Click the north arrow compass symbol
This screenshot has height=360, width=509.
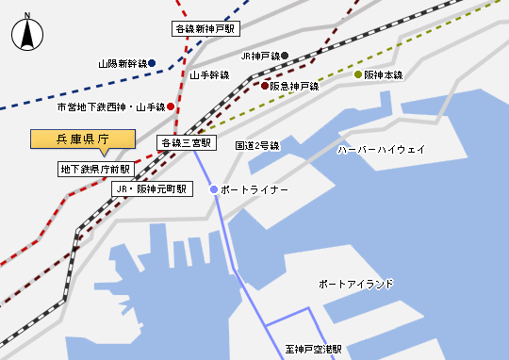click(28, 35)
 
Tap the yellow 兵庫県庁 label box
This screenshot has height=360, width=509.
click(84, 139)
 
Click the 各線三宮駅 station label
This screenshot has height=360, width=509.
click(187, 143)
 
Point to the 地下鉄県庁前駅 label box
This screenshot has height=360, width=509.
click(94, 170)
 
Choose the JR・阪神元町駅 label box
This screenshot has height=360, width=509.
click(152, 189)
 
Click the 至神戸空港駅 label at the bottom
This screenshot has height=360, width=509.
click(313, 348)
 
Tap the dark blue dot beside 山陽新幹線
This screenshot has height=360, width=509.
click(152, 64)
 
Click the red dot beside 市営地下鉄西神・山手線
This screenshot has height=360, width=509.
click(171, 106)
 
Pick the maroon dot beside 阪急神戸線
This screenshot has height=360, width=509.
click(265, 86)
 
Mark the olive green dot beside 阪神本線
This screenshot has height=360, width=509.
click(358, 74)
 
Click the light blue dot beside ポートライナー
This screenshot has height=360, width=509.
click(214, 189)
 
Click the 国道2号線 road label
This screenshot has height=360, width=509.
click(257, 146)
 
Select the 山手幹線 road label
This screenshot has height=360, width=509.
click(209, 74)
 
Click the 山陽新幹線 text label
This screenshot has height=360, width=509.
click(122, 65)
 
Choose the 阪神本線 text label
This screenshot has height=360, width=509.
click(384, 74)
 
